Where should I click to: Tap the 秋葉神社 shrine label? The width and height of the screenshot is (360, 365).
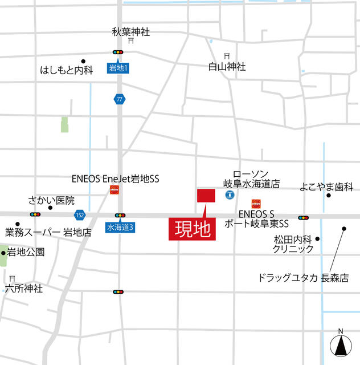tap(130, 32)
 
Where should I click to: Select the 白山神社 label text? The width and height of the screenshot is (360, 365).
tap(227, 67)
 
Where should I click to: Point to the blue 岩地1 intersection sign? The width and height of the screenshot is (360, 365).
tap(118, 68)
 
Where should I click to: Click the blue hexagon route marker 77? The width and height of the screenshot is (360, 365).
tap(118, 99)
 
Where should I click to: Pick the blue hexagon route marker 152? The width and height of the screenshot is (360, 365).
tap(80, 214)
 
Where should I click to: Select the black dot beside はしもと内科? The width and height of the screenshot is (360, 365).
tap(83, 60)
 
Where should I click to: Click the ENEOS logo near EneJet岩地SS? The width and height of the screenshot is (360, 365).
tap(114, 190)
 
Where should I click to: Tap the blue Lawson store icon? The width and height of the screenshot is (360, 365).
tap(229, 195)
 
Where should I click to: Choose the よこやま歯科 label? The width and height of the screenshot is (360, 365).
tap(326, 186)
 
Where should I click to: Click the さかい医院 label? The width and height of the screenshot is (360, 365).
tap(51, 200)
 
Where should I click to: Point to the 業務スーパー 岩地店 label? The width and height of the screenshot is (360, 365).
tap(48, 232)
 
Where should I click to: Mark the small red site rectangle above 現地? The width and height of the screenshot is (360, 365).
tap(206, 194)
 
